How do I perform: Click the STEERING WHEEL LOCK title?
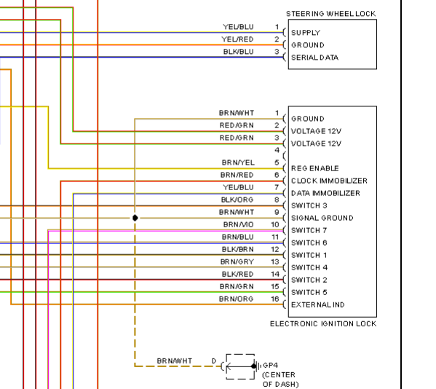tap(331, 14)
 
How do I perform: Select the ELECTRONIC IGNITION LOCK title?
tap(323, 323)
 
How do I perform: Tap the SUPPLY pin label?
tap(306, 33)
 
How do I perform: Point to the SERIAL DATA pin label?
tap(314, 58)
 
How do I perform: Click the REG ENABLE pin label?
tap(314, 168)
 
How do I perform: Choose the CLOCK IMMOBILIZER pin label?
tap(329, 181)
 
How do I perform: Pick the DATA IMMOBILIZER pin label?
tap(325, 193)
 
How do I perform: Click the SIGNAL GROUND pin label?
tap(322, 218)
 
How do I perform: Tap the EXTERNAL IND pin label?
tap(318, 304)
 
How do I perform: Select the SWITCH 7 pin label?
tap(309, 230)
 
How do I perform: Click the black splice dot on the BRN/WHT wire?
tap(135, 218)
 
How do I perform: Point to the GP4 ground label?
tap(270, 365)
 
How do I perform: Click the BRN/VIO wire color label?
tap(239, 224)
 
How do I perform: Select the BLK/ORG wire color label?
tap(237, 200)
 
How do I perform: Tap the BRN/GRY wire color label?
tap(237, 262)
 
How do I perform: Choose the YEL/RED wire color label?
tap(237, 39)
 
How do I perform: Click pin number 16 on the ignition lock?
tap(275, 299)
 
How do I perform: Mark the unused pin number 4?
tap(277, 150)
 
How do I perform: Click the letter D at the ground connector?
tap(214, 361)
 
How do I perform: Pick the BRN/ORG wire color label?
tap(237, 299)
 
